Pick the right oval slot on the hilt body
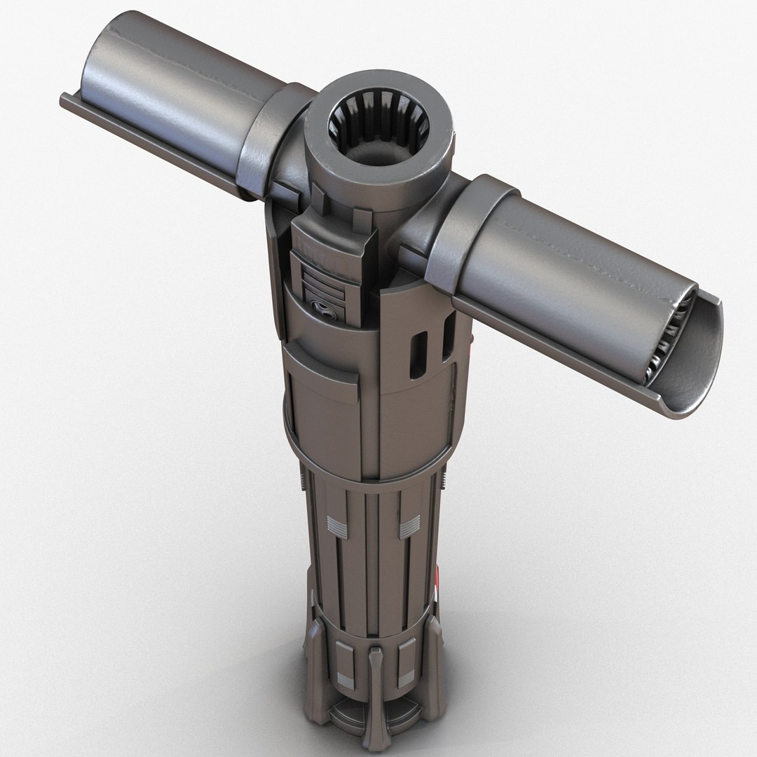pyautogui.click(x=446, y=336)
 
